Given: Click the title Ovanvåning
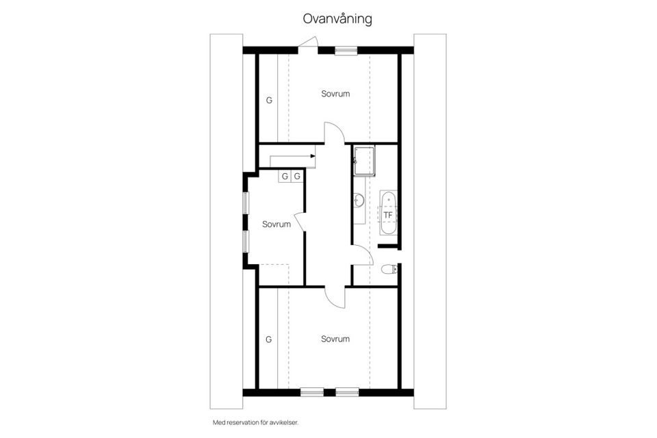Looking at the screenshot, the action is (337, 19).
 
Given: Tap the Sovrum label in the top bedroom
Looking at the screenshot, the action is (335, 94).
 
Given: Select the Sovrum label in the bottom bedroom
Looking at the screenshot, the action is (335, 339).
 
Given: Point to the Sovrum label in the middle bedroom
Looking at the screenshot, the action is (276, 224).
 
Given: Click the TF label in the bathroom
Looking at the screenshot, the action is (388, 215).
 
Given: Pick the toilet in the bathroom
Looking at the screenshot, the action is (389, 269).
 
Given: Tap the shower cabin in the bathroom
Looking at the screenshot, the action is (363, 162).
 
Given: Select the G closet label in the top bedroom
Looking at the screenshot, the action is (269, 100).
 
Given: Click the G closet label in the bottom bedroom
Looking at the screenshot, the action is (268, 339).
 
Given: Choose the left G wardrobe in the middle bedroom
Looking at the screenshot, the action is (285, 176).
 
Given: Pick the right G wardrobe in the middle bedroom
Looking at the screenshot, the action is (297, 176).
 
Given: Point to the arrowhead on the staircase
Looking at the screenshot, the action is (313, 156).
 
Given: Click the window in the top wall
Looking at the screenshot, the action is (346, 51).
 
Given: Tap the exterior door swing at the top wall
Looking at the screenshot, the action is (309, 44).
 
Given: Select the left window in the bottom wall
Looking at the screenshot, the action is (312, 392).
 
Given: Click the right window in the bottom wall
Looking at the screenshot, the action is (348, 392).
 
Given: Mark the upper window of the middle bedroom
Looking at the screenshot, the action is (246, 203).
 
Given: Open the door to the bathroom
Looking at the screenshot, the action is (362, 255).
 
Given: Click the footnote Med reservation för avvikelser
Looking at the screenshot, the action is (255, 422).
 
